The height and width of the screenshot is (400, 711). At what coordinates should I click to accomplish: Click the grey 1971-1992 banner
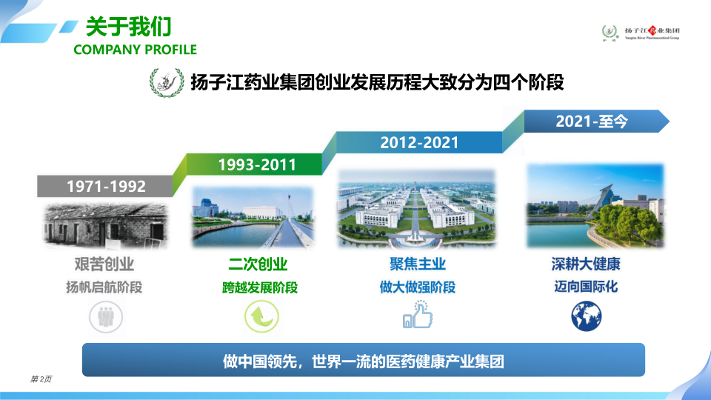click(x=105, y=186)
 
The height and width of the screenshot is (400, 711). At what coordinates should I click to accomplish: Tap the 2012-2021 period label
click(x=419, y=142)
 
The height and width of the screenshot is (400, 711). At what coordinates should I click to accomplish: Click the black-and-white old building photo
click(x=106, y=225)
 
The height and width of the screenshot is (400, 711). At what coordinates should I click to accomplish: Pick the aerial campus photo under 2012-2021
click(x=417, y=209)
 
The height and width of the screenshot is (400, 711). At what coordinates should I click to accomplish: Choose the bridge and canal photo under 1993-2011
click(x=253, y=217)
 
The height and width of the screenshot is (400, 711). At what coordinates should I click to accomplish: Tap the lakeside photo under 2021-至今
click(x=595, y=206)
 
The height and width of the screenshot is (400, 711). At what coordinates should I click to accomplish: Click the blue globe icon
click(x=587, y=316)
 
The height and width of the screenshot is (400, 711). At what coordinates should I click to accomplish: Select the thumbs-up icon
click(x=418, y=314)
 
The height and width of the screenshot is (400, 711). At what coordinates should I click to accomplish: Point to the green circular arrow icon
click(x=261, y=316)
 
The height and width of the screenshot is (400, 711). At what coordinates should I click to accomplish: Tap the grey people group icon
click(x=106, y=316)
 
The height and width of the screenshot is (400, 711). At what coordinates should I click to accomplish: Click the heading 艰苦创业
click(x=104, y=264)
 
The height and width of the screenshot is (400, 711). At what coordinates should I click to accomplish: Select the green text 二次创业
click(x=258, y=264)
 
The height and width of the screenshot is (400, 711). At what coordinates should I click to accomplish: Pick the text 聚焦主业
click(x=418, y=264)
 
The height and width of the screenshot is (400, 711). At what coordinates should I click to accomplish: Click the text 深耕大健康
click(x=586, y=264)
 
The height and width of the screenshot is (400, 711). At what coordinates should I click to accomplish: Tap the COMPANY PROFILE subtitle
click(x=135, y=50)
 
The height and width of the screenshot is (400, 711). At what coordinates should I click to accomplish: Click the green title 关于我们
click(x=128, y=27)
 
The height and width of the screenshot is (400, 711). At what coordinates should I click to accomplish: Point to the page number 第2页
click(x=41, y=379)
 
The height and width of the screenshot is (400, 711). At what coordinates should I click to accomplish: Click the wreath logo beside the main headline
click(x=167, y=82)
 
